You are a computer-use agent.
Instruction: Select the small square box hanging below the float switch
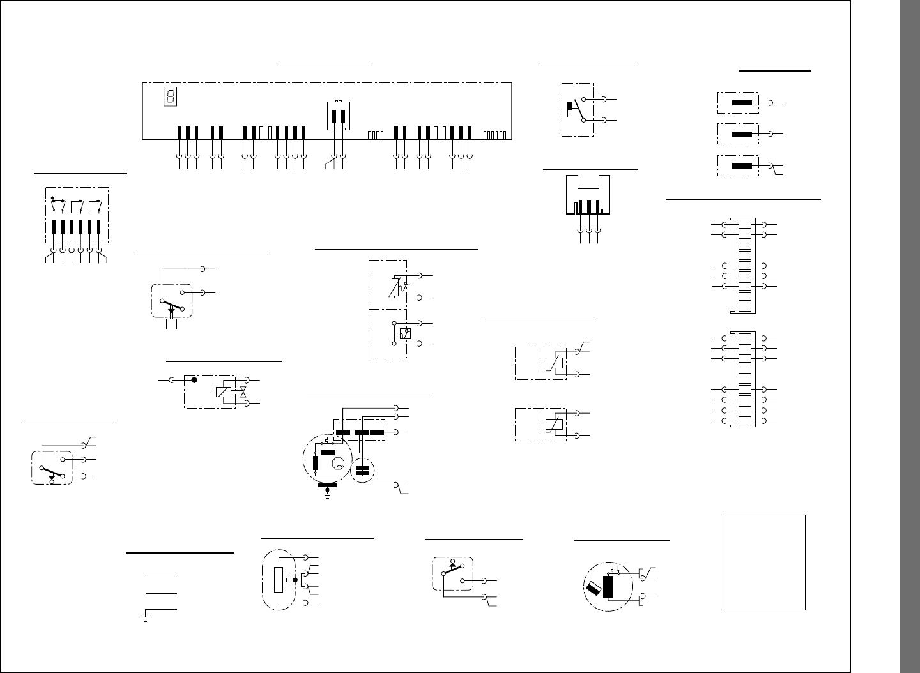pyautogui.click(x=171, y=324)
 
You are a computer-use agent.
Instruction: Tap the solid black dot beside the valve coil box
pyautogui.click(x=195, y=380)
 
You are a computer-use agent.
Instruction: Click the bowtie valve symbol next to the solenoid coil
pyautogui.click(x=243, y=391)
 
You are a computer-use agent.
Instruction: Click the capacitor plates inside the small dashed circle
pyautogui.click(x=362, y=471)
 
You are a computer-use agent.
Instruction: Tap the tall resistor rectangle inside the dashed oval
pyautogui.click(x=278, y=579)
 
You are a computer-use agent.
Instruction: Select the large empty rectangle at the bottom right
pyautogui.click(x=763, y=562)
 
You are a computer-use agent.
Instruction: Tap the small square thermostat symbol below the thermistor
pyautogui.click(x=404, y=333)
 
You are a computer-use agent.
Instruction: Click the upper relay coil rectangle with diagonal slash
pyautogui.click(x=553, y=363)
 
